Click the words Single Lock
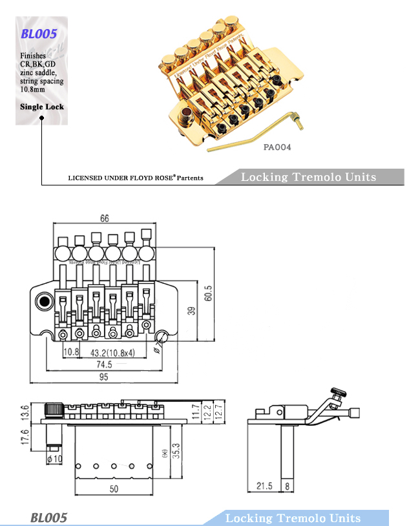(42, 107)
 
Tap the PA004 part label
(277, 147)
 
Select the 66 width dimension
(104, 218)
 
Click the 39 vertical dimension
(191, 311)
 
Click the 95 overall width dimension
(104, 378)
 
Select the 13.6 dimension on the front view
(25, 412)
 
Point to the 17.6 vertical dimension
(25, 437)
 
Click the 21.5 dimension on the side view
(264, 486)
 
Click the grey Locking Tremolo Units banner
(308, 177)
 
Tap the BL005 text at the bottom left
(48, 518)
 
